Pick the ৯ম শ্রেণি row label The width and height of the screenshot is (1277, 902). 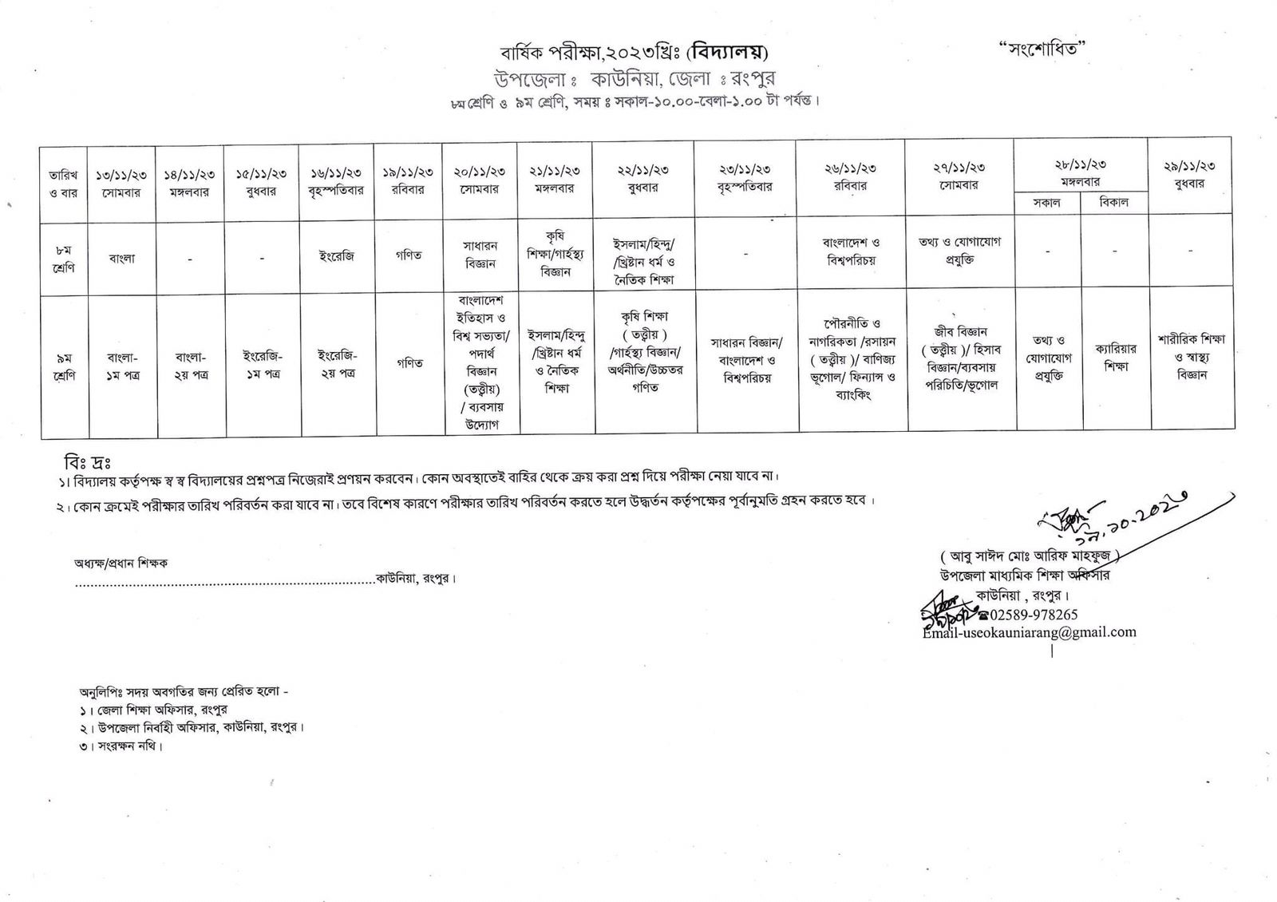[63, 366]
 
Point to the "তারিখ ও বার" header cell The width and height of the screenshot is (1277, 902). [63, 183]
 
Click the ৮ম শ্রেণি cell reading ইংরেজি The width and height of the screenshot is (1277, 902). [336, 256]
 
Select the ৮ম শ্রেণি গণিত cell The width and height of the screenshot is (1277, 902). [409, 255]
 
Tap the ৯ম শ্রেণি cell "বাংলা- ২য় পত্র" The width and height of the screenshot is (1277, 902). [190, 366]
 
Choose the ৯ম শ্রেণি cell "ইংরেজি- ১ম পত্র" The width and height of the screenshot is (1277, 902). [262, 366]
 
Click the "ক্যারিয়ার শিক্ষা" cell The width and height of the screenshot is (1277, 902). [1115, 357]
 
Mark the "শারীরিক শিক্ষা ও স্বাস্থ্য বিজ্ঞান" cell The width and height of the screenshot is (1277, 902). [1191, 356]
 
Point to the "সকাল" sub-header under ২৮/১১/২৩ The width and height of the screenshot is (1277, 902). [1046, 203]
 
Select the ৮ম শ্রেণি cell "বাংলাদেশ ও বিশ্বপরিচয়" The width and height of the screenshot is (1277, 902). [851, 251]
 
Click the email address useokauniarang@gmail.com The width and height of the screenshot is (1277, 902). [1029, 632]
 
